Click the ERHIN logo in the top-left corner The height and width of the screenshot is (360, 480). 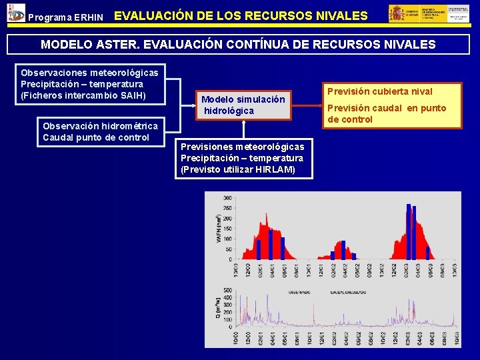(14, 12)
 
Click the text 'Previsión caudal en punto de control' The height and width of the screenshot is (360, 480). (386, 114)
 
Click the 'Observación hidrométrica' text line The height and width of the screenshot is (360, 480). (100, 126)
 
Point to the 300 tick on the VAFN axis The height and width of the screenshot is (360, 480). (227, 199)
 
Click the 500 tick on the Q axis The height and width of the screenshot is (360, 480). (227, 289)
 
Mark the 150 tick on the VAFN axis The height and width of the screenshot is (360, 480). (227, 229)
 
